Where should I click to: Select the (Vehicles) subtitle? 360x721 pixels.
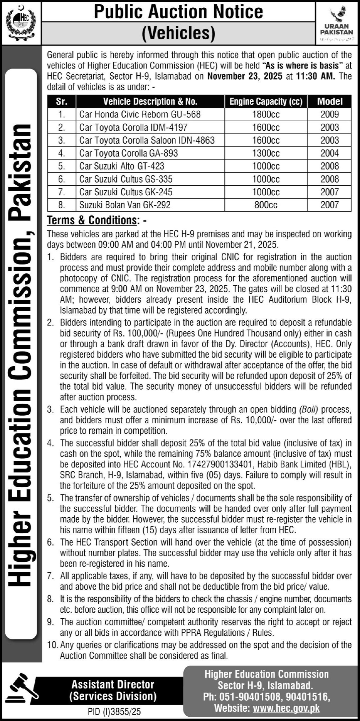click(178, 33)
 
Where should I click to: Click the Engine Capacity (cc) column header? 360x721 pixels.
click(266, 101)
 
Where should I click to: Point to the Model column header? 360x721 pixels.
click(330, 101)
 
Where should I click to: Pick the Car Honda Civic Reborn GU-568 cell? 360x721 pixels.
click(140, 114)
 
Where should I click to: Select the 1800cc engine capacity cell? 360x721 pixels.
click(266, 114)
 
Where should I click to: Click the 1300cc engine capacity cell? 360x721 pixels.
click(266, 153)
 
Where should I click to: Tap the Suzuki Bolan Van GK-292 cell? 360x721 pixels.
click(125, 205)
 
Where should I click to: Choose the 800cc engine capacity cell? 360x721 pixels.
click(266, 205)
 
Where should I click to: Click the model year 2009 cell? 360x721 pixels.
click(330, 114)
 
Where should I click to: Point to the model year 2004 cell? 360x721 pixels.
click(330, 153)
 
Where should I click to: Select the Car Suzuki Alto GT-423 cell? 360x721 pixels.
click(122, 166)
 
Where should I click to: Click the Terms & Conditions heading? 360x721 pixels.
click(92, 220)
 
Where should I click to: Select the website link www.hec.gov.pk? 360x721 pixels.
click(286, 708)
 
